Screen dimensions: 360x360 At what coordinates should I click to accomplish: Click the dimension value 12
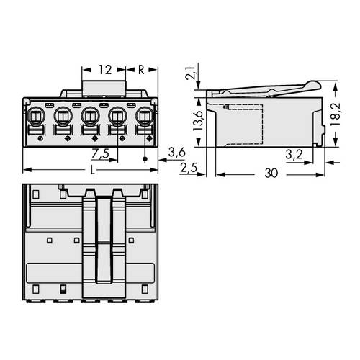[x=105, y=71]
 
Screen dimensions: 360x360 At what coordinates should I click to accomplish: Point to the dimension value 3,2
[x=293, y=154]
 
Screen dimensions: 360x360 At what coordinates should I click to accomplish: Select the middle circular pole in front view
[x=90, y=114]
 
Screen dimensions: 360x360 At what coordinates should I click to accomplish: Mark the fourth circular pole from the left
[x=118, y=114]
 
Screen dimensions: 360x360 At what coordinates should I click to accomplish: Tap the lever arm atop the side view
[x=266, y=89]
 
